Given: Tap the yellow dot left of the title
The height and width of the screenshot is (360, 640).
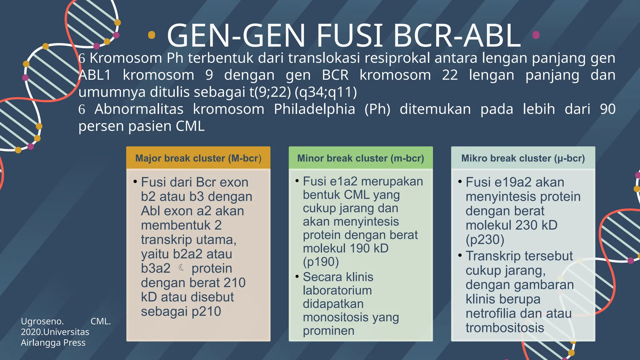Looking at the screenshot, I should pyautogui.click(x=152, y=35).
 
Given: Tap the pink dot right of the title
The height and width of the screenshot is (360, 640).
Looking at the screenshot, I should pyautogui.click(x=536, y=35).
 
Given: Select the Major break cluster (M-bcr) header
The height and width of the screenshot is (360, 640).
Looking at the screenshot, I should pyautogui.click(x=198, y=158).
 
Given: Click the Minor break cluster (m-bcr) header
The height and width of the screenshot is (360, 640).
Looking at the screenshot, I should pyautogui.click(x=361, y=158).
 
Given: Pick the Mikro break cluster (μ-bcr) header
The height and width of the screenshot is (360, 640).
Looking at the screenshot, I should pyautogui.click(x=523, y=158).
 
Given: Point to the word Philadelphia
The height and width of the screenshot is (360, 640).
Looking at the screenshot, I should pyautogui.click(x=314, y=109).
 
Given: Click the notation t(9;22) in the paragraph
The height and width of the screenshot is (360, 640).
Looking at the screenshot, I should pyautogui.click(x=270, y=92).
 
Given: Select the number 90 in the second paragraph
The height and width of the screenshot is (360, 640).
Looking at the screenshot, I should pyautogui.click(x=607, y=109).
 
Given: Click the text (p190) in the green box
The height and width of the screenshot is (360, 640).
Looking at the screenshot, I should pyautogui.click(x=321, y=262).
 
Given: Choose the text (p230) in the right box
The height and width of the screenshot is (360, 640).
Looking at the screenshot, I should pyautogui.click(x=485, y=240).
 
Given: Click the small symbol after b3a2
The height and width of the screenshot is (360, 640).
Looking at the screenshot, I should pyautogui.click(x=181, y=268).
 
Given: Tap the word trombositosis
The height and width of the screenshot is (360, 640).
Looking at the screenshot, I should pyautogui.click(x=505, y=328).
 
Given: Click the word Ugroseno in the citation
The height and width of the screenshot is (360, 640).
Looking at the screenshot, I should pyautogui.click(x=42, y=321).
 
